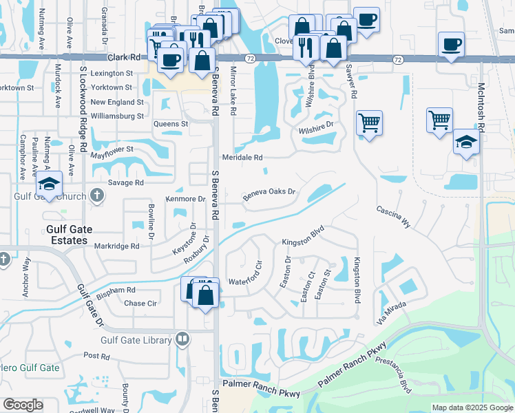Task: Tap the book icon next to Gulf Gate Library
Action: tap(182, 338)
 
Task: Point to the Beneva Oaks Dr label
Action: tap(269, 191)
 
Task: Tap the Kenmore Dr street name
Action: tap(186, 199)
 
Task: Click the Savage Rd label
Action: tap(125, 183)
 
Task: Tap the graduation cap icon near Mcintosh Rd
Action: tap(466, 142)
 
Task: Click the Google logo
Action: tap(23, 405)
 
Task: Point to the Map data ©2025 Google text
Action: tap(472, 407)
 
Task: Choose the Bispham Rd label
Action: tap(116, 291)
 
